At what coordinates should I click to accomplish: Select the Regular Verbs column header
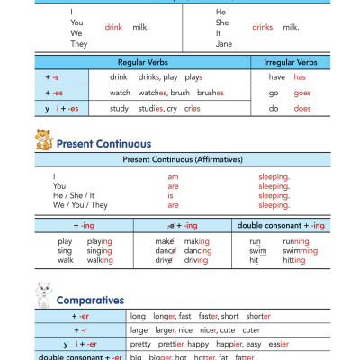[x=143, y=62]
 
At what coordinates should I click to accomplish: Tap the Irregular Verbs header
[x=289, y=62]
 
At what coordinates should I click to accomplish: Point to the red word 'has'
[x=301, y=77]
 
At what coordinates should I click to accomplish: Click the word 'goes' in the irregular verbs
[x=301, y=93]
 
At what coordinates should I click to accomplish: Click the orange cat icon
[x=41, y=139]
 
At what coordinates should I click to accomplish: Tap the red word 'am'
[x=173, y=177]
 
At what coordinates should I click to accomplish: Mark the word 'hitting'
[x=292, y=260]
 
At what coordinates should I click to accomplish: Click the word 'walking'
[x=100, y=260]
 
